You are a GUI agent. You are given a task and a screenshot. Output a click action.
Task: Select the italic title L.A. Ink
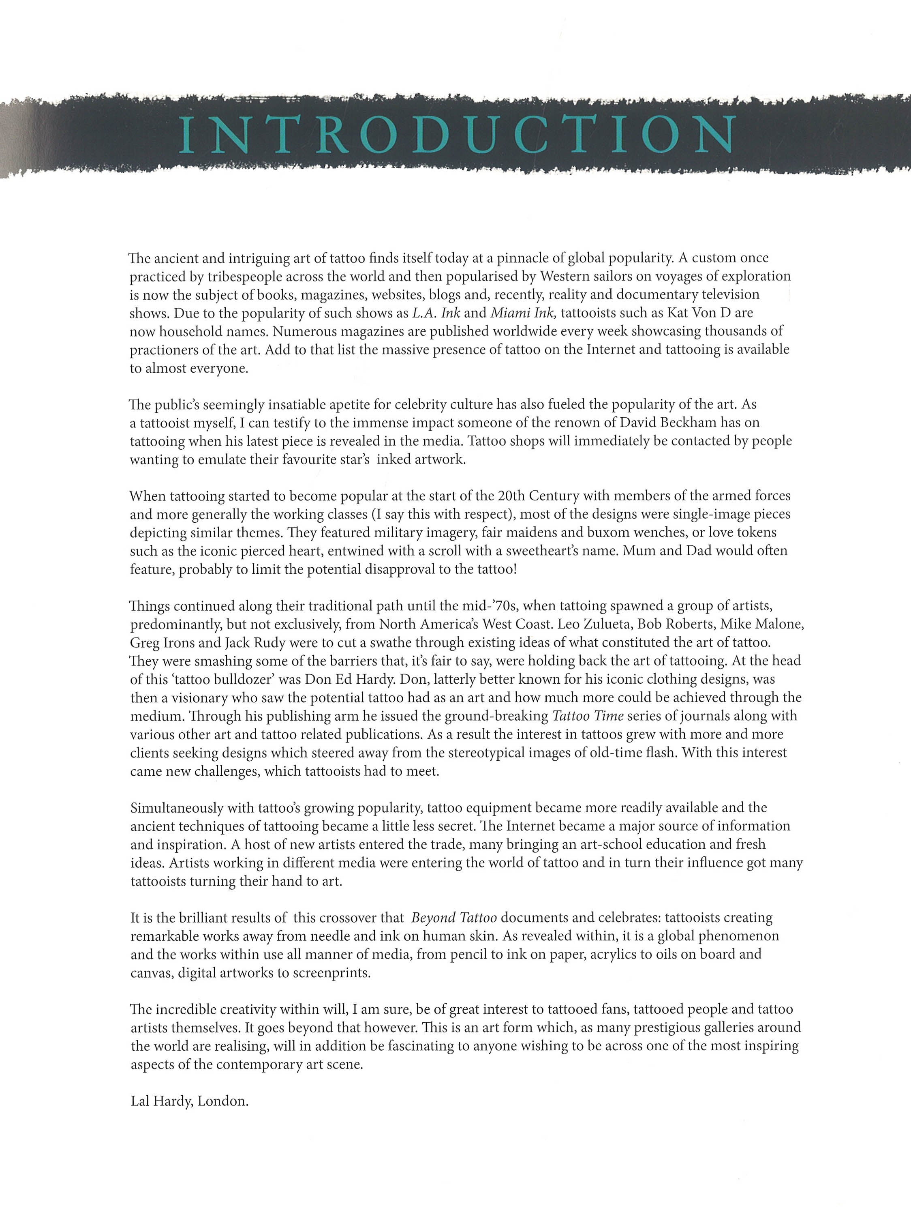436,313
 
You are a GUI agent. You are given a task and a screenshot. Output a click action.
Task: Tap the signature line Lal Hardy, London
189,1101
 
